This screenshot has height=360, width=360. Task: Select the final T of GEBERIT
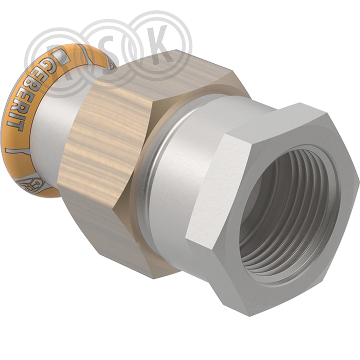click(14, 125)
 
